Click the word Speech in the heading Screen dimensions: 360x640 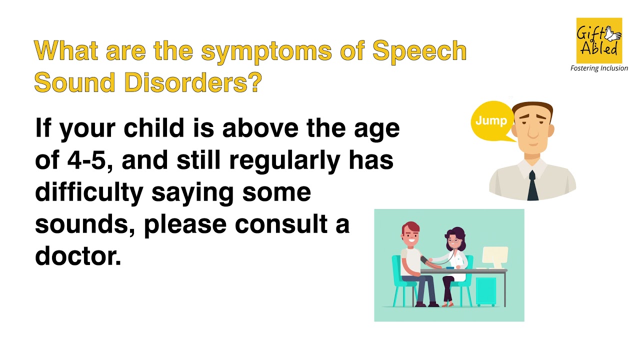click(419, 51)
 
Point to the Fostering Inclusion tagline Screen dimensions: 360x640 click(599, 68)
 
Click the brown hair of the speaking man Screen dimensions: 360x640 click(532, 107)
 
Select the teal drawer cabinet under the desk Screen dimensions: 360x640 click(485, 291)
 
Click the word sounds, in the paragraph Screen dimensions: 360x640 click(84, 224)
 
